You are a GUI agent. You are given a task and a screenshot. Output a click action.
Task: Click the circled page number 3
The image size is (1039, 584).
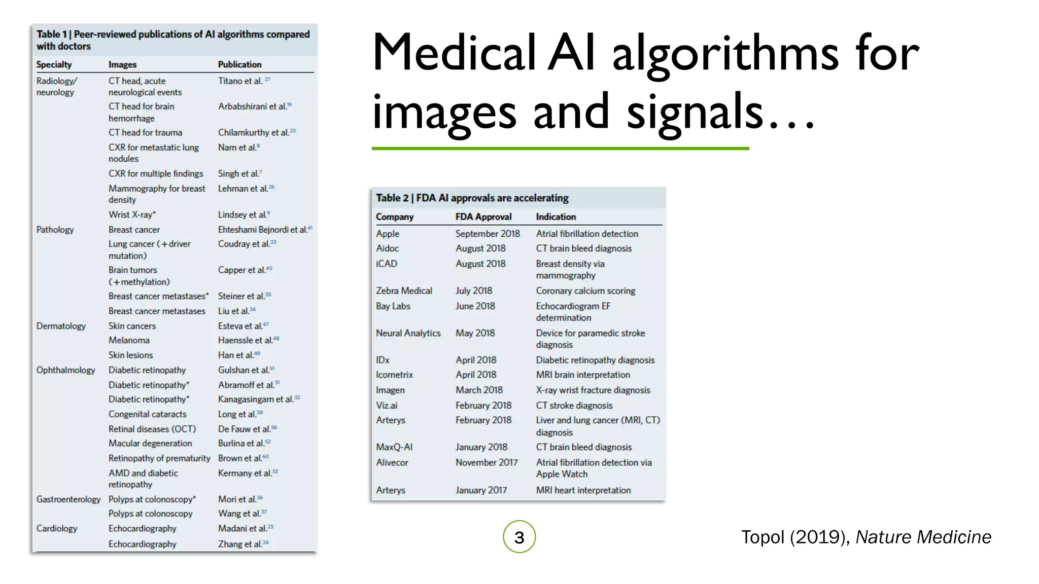(x=519, y=537)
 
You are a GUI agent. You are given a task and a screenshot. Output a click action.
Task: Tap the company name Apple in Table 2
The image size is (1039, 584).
(x=388, y=234)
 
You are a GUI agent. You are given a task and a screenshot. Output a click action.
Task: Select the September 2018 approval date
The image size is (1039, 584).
(x=488, y=234)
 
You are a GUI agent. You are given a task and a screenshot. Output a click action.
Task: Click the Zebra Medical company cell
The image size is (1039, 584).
(x=404, y=291)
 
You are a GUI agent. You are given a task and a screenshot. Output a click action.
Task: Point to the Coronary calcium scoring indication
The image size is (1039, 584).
(x=585, y=291)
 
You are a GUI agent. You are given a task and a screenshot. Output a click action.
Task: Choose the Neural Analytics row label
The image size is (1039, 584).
(x=408, y=333)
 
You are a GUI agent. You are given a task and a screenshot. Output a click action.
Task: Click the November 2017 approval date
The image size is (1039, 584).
(x=487, y=462)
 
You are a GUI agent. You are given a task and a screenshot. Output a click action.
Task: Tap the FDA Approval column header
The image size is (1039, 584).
(x=483, y=217)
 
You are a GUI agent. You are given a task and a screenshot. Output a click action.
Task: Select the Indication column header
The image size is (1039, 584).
(x=556, y=217)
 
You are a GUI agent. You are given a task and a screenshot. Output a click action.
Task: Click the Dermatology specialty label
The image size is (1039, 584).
(x=60, y=326)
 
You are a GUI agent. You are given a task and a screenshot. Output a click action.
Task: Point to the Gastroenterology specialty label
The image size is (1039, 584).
(x=68, y=499)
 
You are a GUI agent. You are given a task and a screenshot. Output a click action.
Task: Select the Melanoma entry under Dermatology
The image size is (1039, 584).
(x=129, y=340)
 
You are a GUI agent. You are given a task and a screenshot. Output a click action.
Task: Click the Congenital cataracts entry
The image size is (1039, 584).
(x=147, y=414)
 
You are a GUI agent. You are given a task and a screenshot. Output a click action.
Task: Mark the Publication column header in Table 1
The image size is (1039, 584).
(x=239, y=65)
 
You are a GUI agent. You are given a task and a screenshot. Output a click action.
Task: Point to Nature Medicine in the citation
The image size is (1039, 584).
(x=923, y=537)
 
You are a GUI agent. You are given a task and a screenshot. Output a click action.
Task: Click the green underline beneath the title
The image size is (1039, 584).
(x=560, y=149)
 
